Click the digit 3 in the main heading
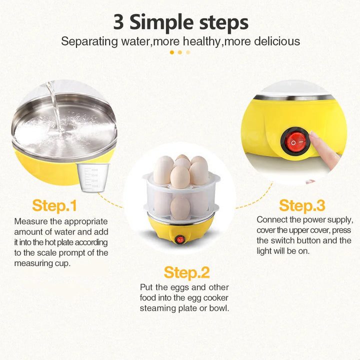click(119, 22)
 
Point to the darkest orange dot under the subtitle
click(172, 52)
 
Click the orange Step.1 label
click(54, 205)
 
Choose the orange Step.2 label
click(187, 272)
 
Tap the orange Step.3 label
click(302, 205)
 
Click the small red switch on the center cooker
click(180, 239)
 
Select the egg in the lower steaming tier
click(180, 206)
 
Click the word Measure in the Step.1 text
click(30, 221)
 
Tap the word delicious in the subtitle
click(269, 41)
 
